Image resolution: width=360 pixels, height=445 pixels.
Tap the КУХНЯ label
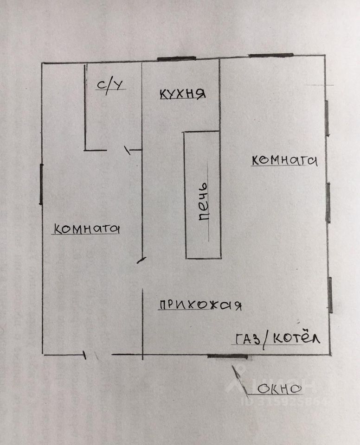pos(182,93)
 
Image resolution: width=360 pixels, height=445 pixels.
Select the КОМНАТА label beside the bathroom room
pos(87,229)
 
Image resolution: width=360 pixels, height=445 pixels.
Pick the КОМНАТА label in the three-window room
pos(284,160)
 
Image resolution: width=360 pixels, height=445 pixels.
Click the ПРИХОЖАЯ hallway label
pos(200,305)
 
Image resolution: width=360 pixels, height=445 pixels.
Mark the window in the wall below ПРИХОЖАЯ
pos(227,356)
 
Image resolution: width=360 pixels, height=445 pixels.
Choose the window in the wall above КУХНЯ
pos(176,58)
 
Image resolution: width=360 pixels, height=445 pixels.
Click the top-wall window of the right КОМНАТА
pos(271,56)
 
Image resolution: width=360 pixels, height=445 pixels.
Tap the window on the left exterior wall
pos(41,184)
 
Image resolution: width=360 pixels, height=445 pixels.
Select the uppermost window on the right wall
pos(328,118)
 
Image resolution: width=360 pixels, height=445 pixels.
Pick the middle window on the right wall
pos(328,203)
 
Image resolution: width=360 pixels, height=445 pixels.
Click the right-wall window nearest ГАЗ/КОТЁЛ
pos(330,294)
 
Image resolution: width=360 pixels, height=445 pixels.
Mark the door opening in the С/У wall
pos(118,150)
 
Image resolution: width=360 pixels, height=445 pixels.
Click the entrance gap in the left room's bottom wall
pos(98,355)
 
